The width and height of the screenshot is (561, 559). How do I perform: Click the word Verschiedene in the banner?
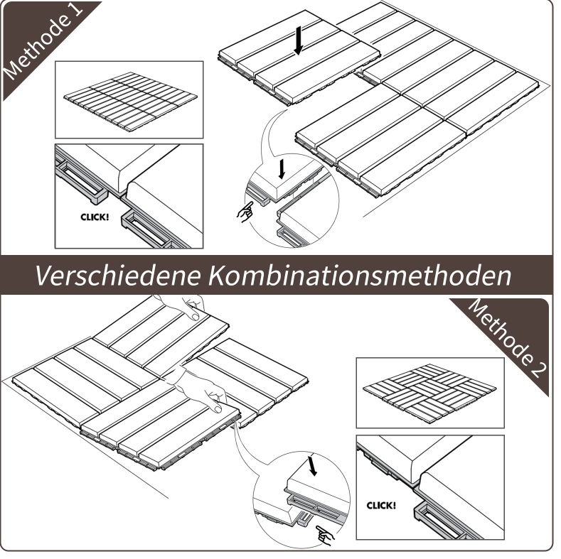tap(117, 275)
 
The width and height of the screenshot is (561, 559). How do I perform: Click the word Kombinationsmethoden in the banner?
tap(360, 275)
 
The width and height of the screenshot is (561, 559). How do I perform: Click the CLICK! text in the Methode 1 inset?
tap(95, 217)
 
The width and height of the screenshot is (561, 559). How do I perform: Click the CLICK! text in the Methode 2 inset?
tap(381, 506)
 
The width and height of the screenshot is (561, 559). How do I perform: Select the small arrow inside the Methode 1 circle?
tap(282, 169)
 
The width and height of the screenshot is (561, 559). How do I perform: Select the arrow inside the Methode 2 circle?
tap(313, 466)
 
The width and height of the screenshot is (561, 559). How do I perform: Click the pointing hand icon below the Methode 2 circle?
tap(325, 535)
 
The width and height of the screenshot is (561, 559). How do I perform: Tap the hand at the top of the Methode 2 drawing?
tap(183, 306)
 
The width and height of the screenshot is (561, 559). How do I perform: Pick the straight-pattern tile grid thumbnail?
tap(131, 101)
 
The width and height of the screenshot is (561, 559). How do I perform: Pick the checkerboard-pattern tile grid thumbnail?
tap(429, 392)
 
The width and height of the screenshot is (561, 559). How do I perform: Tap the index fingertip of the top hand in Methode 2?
tap(194, 317)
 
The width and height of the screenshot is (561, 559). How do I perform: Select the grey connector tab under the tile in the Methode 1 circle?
tap(258, 197)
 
